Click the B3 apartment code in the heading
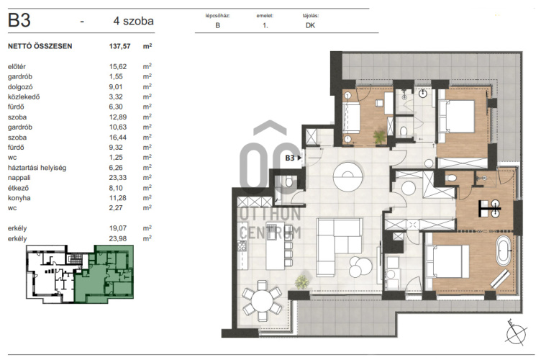[19, 20]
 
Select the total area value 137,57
[119, 46]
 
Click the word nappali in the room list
[19, 178]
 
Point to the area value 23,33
[118, 177]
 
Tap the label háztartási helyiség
[37, 168]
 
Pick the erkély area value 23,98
[118, 238]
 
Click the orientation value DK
[310, 25]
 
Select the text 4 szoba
[134, 21]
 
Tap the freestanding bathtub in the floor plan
[503, 251]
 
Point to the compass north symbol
[516, 333]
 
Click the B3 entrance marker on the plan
[293, 158]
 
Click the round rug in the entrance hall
[348, 176]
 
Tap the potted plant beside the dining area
[302, 282]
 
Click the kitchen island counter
[275, 246]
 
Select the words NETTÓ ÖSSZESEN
[40, 46]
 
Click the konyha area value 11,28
[118, 198]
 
